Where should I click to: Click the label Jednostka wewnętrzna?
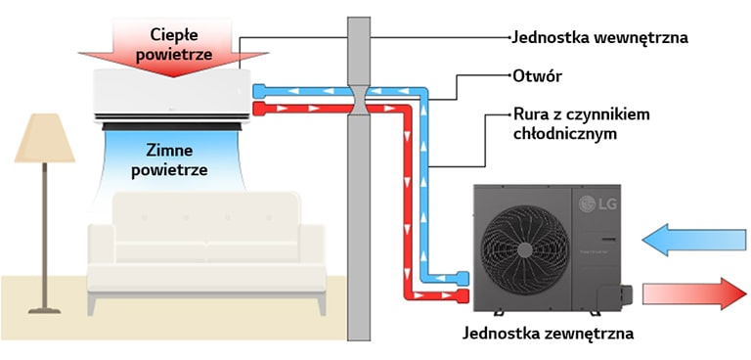(600, 38)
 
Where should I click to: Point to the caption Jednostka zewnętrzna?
(549, 334)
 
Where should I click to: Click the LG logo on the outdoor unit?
(593, 203)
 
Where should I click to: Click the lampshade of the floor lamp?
(44, 138)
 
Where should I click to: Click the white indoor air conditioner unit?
(172, 97)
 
